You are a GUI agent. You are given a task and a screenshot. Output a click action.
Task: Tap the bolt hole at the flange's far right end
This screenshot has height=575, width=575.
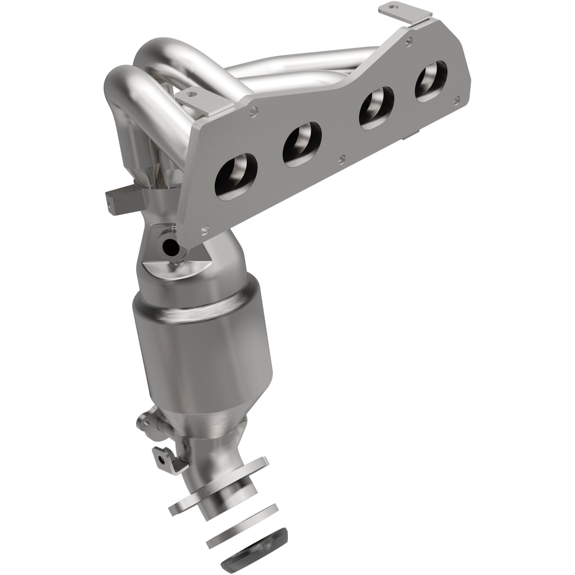coord(457,100)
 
